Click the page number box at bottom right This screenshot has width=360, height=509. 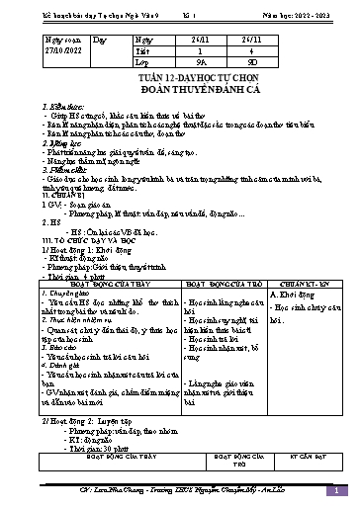point(335,490)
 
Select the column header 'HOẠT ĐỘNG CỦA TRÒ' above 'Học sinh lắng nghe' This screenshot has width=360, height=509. point(219,257)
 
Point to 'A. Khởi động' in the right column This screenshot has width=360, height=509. point(292,268)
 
